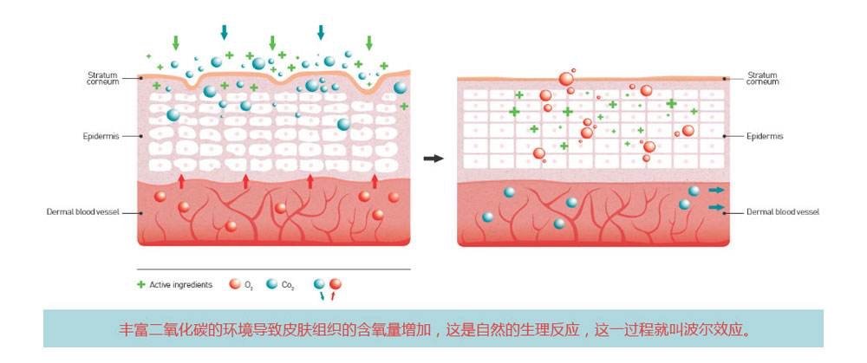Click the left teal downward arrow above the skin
coord(225,32)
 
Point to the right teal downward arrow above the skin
coord(321,32)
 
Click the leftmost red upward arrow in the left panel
coord(181,180)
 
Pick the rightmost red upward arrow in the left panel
coord(375,180)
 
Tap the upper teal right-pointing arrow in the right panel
coord(716,190)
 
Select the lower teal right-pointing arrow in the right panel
coord(716,207)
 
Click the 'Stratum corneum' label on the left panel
coord(102,78)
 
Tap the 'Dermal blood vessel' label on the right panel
coord(782,211)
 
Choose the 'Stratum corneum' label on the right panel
coord(763,78)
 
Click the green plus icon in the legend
coord(141,284)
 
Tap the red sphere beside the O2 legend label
coord(234,284)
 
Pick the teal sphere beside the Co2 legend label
coord(272,284)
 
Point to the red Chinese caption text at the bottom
coord(433,329)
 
